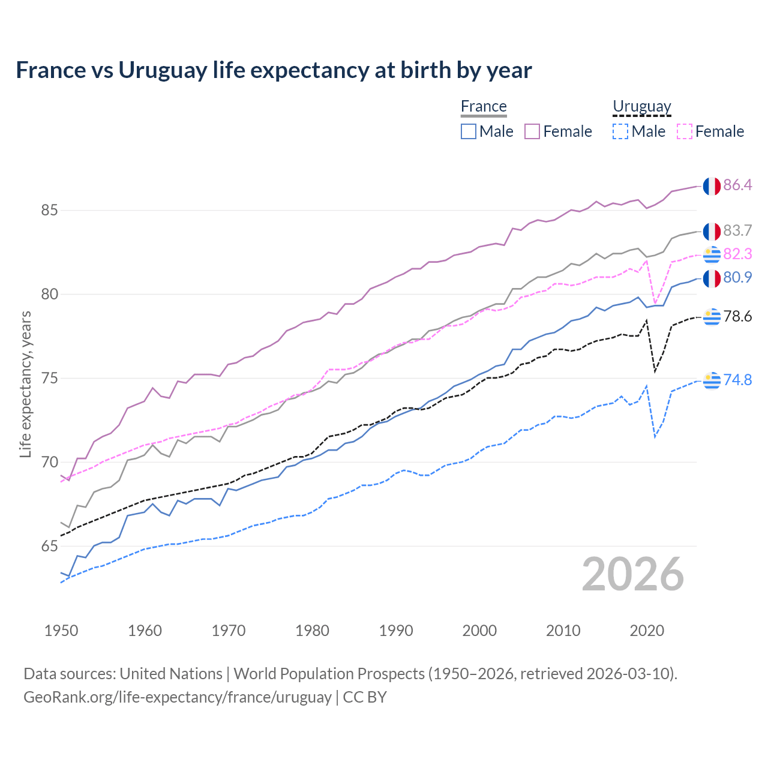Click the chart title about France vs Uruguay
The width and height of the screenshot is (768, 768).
pyautogui.click(x=274, y=70)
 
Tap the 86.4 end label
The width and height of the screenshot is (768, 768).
pyautogui.click(x=737, y=185)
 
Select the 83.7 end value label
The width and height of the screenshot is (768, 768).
pyautogui.click(x=737, y=230)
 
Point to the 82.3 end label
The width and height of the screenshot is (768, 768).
pyautogui.click(x=737, y=254)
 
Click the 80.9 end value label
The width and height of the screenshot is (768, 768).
pyautogui.click(x=737, y=277)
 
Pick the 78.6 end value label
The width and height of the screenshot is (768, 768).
pyautogui.click(x=737, y=316)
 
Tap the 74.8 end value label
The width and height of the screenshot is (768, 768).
pyautogui.click(x=737, y=380)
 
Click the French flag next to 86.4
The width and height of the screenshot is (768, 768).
pyautogui.click(x=712, y=186)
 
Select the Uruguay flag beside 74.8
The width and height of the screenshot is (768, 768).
pyautogui.click(x=712, y=380)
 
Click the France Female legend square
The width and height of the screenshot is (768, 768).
pyautogui.click(x=532, y=131)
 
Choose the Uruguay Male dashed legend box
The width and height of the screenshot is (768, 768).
pyautogui.click(x=620, y=131)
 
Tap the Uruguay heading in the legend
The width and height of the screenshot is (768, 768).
pyautogui.click(x=641, y=106)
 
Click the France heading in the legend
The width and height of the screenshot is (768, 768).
pyautogui.click(x=484, y=106)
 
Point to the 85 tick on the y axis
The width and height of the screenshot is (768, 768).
pyautogui.click(x=49, y=211)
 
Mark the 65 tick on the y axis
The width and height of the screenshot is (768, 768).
pyautogui.click(x=49, y=546)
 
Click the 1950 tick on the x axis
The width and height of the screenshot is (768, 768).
pyautogui.click(x=61, y=631)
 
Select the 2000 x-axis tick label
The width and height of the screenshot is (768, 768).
pyautogui.click(x=479, y=631)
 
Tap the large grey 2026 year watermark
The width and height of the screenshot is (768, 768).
pyautogui.click(x=632, y=574)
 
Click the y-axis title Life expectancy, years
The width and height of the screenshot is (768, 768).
pyautogui.click(x=25, y=384)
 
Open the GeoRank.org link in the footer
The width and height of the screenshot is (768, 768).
pyautogui.click(x=178, y=697)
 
